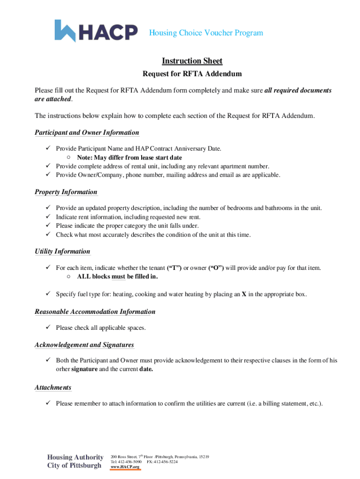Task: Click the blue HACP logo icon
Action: coord(65,31)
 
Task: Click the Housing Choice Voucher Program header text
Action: coord(206,33)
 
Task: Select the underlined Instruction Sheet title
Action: coord(192,61)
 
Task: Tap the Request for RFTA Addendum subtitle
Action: coord(192,74)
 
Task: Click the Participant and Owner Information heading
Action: coord(86,132)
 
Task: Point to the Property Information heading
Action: coord(66,192)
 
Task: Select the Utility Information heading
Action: coord(62,251)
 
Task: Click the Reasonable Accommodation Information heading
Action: coord(95,312)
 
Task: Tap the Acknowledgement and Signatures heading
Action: coord(84,345)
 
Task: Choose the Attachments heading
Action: coord(53,387)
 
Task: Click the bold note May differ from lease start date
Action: coord(130,158)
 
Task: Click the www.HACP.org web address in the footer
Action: coord(125,467)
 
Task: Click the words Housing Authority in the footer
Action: coord(75,457)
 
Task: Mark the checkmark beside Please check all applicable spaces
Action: coord(48,327)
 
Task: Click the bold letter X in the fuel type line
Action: coord(244,294)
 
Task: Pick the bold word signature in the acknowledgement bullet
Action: coord(85,369)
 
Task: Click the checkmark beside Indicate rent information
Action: coord(48,217)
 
